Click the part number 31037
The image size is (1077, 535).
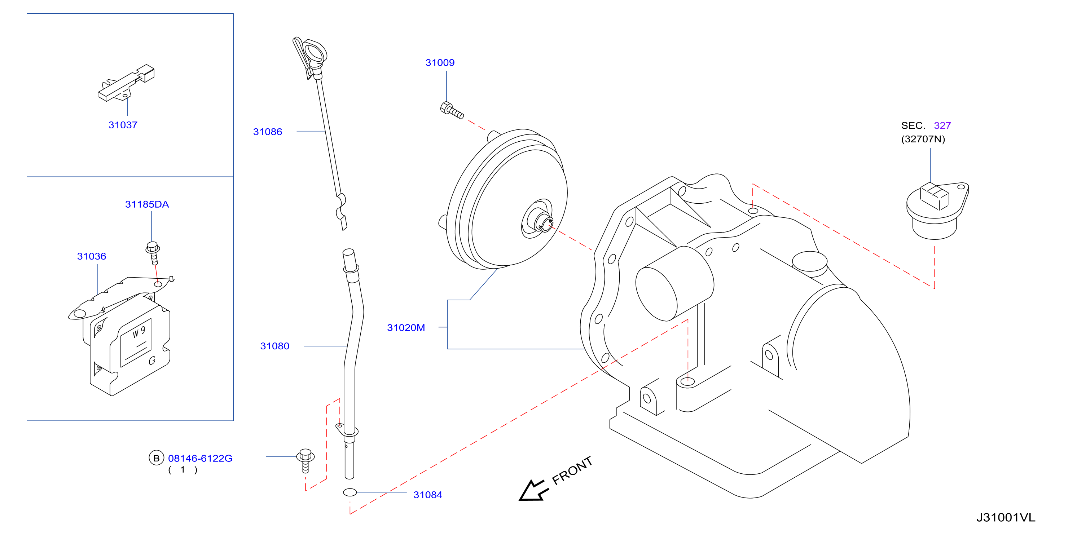(x=123, y=125)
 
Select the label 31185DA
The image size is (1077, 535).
(x=147, y=204)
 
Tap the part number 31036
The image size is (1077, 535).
(x=92, y=256)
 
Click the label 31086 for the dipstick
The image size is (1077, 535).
(x=268, y=132)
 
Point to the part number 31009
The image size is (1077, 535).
(x=440, y=63)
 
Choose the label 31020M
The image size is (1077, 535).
(x=406, y=328)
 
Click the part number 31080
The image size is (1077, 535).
(x=275, y=346)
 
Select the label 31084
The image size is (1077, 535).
(x=428, y=495)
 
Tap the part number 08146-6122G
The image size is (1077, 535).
(x=200, y=459)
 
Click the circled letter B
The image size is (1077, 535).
(x=157, y=458)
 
